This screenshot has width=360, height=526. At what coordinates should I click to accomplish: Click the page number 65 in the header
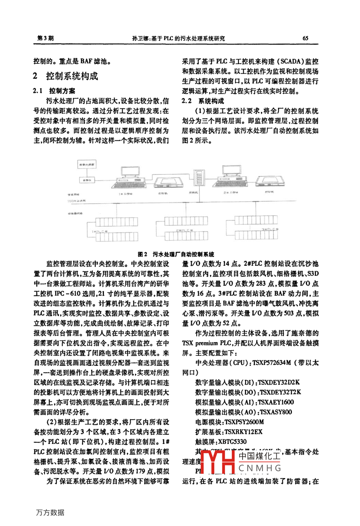pos(305,38)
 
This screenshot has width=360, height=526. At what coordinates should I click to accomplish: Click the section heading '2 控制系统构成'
pos(66,76)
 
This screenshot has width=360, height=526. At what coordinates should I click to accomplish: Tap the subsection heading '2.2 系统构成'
pos(203,101)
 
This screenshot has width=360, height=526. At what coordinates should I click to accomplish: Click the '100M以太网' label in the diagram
pos(76,202)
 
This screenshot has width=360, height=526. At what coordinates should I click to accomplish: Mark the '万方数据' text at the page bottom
pos(50,512)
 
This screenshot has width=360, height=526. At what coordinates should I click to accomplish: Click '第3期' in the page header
pos(45,38)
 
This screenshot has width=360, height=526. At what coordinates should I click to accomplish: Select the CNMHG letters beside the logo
pos(260,468)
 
